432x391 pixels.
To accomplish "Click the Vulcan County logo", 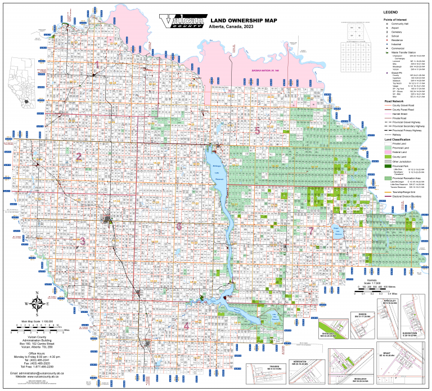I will click(x=182, y=21).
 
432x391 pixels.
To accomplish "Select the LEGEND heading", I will click(x=390, y=12).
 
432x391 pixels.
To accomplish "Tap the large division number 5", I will click(x=257, y=131).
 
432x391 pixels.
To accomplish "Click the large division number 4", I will click(x=186, y=326).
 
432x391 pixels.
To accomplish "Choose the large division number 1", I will click(x=97, y=65).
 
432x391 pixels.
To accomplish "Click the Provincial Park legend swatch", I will click(x=388, y=165).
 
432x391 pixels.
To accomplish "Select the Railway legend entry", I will click(x=388, y=135).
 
